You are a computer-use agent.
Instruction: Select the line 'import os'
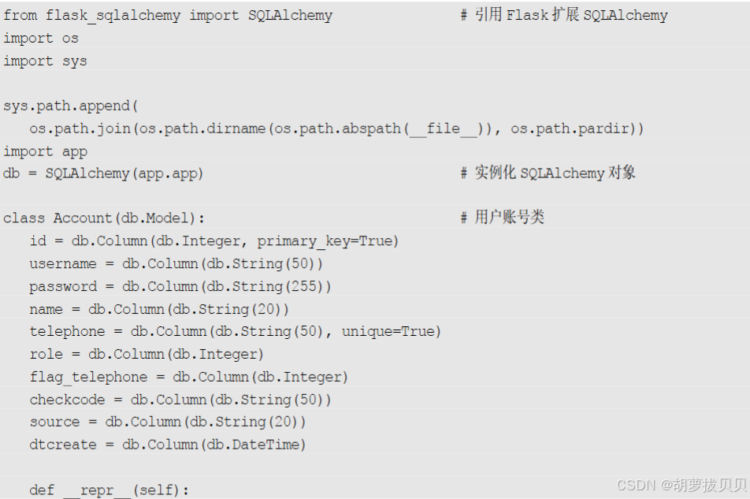[41, 39]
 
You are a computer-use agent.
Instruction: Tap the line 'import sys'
[45, 61]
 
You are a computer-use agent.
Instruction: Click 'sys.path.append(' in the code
[71, 106]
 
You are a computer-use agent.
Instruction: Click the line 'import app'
[45, 151]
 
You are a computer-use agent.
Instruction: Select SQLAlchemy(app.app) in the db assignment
[124, 173]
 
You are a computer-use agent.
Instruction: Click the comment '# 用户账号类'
[503, 218]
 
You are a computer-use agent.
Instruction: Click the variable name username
[63, 264]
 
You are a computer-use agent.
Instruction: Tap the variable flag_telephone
[88, 378]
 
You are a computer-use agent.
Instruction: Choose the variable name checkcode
[67, 400]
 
